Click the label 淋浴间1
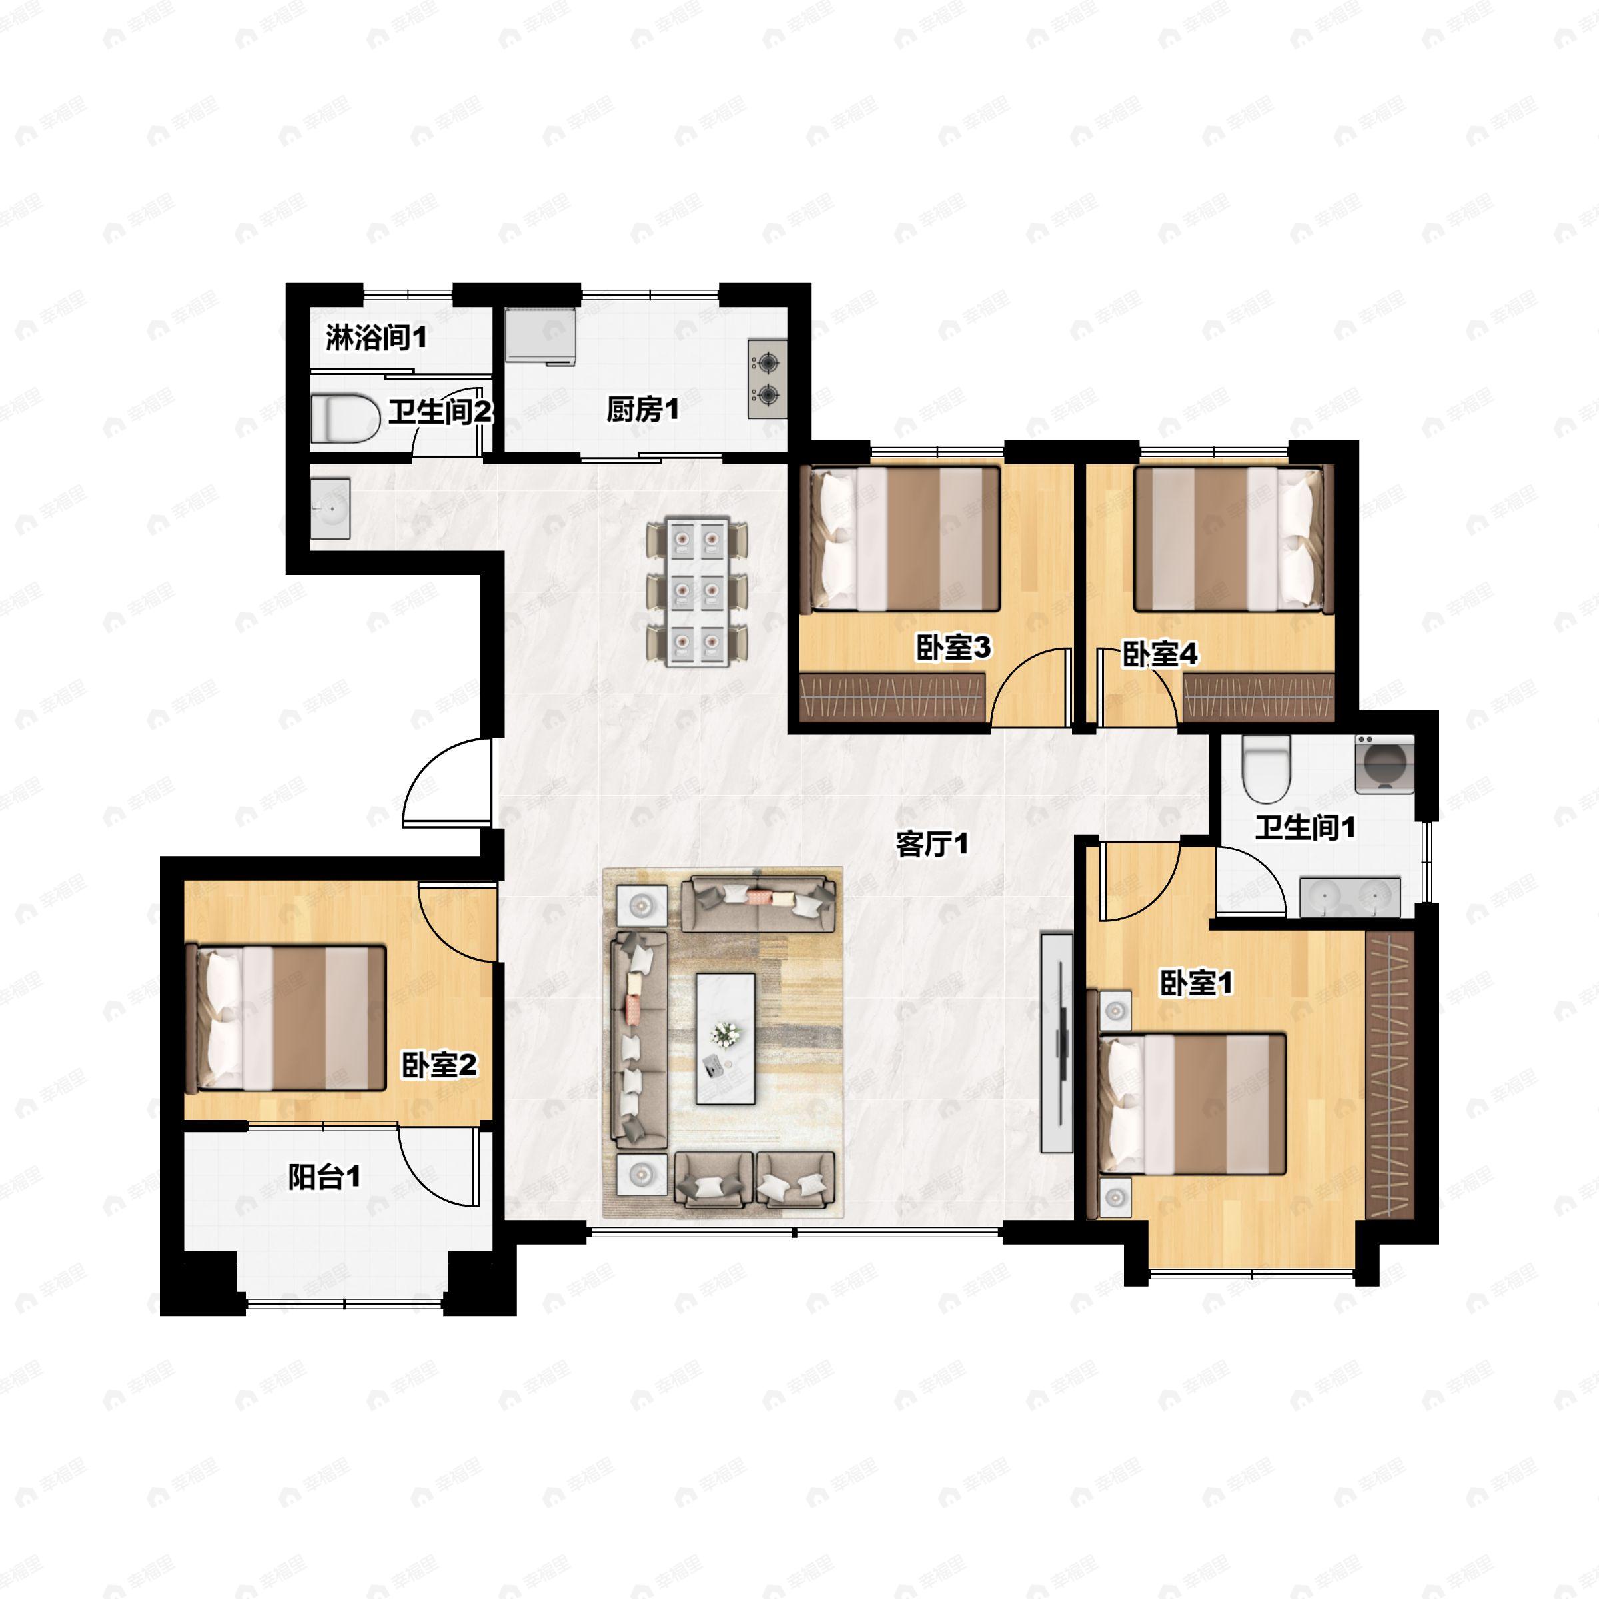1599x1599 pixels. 376,338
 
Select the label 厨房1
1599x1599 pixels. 642,410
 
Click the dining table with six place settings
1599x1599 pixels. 698,592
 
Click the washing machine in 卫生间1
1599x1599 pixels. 1384,764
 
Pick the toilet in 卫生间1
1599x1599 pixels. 1267,769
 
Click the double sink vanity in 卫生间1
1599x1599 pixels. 1350,897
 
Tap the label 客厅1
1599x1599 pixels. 932,845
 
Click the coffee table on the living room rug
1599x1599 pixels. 725,1039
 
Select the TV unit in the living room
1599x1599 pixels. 1057,1042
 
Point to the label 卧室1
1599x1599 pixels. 1196,983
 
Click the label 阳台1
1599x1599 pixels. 324,1177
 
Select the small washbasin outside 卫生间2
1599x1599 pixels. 330,509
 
